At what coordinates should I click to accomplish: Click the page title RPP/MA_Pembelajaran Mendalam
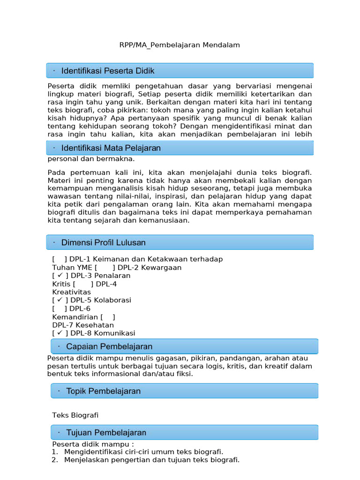[x=180, y=45]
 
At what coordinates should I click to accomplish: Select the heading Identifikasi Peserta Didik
[x=108, y=71]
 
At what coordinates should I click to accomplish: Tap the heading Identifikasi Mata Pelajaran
[x=111, y=148]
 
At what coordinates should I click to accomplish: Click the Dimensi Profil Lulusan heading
[x=104, y=242]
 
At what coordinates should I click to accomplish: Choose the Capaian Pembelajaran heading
[x=109, y=346]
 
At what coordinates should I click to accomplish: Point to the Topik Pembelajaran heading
[x=103, y=391]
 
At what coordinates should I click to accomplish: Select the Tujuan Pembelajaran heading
[x=106, y=433]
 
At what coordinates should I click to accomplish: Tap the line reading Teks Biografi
[x=75, y=415]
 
